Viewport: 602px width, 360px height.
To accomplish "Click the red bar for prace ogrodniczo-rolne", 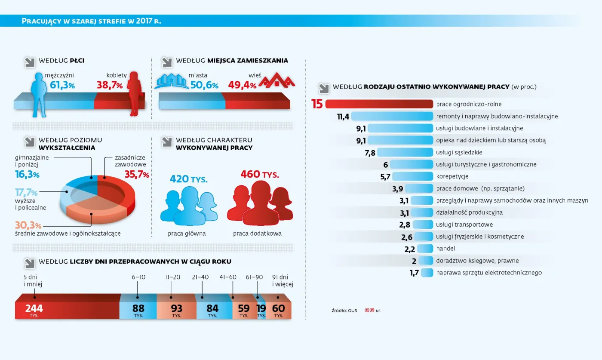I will coord(379,104).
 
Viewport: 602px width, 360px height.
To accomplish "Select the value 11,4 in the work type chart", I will coord(344,116).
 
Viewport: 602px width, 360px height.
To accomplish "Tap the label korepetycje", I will coord(452,176).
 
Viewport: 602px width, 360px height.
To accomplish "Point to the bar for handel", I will coord(425,249).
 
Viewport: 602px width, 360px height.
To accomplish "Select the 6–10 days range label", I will coord(138,277).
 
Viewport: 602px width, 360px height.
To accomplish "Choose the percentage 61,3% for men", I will coord(62,85).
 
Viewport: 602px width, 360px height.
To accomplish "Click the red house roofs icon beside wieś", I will coord(276,81).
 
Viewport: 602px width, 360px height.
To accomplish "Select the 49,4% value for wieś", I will coord(242,85).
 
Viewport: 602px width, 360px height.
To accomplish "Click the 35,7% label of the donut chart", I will coord(137,174).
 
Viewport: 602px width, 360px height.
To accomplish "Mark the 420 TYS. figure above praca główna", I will coord(189,178).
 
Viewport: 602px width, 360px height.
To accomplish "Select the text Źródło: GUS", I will coord(344,310).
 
